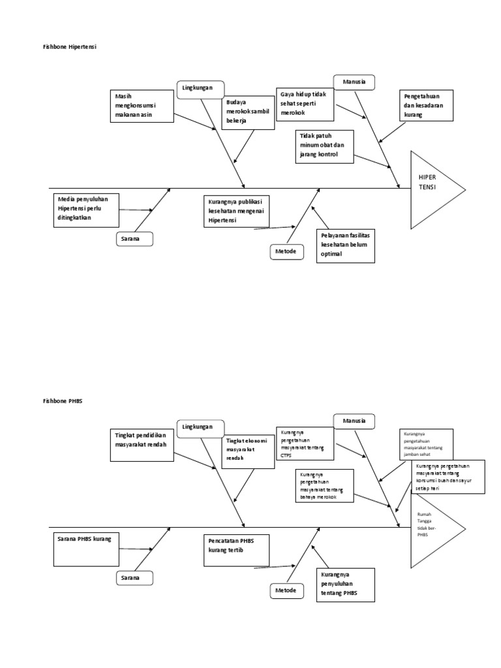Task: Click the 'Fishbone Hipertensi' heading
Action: point(68,48)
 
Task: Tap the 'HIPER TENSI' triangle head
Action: point(433,190)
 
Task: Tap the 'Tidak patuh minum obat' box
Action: point(325,146)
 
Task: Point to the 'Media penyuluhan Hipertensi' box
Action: point(85,209)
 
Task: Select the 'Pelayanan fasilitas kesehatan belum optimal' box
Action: point(345,245)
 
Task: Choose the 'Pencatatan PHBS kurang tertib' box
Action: point(235,549)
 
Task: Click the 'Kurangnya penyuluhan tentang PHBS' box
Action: point(345,584)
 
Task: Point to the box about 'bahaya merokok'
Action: point(325,485)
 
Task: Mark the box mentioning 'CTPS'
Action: point(305,444)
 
